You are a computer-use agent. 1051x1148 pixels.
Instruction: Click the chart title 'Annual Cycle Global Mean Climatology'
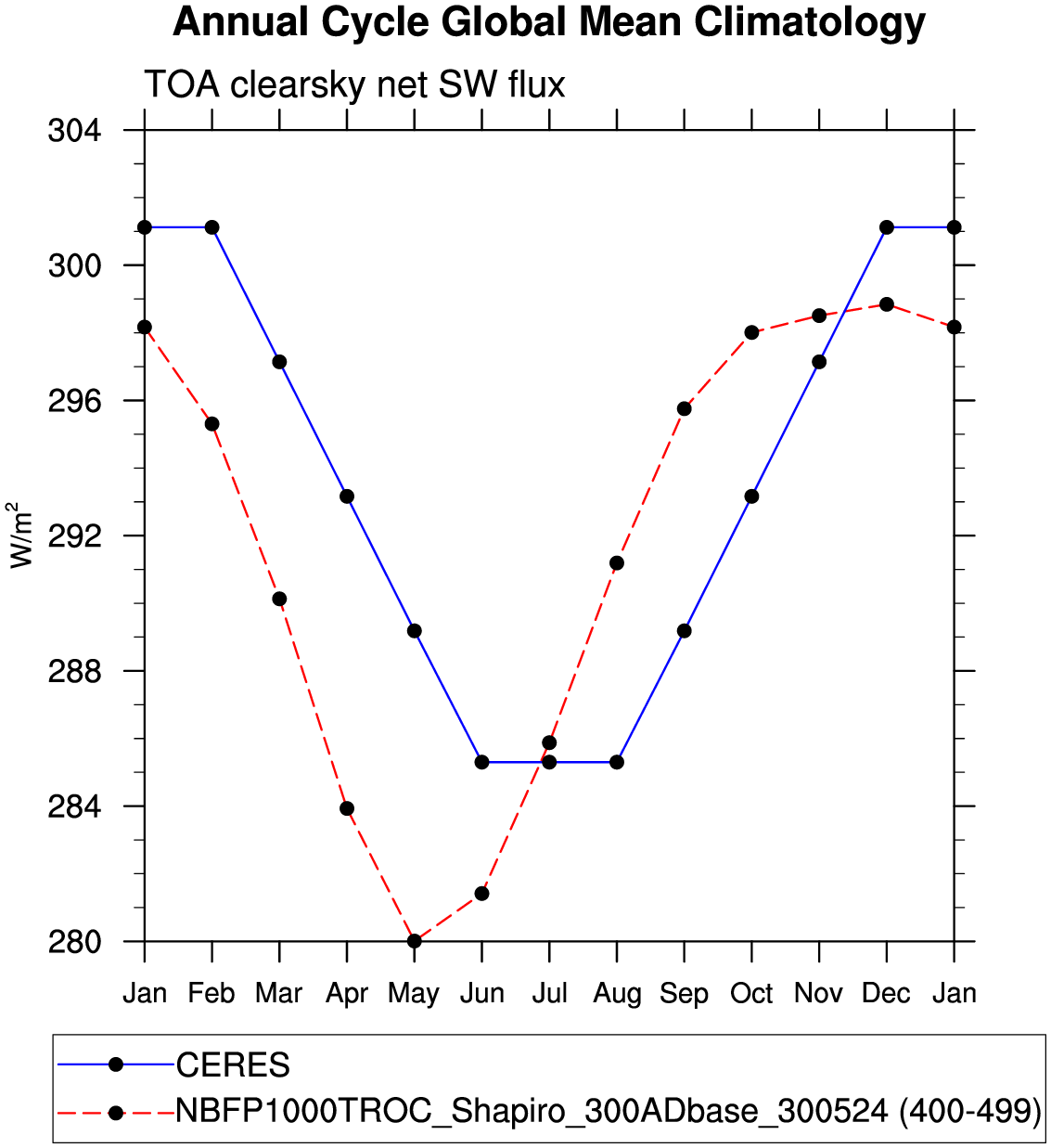pyautogui.click(x=549, y=22)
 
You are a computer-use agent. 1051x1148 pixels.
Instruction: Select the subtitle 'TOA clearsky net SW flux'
pyautogui.click(x=354, y=84)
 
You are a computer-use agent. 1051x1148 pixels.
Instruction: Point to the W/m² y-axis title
pyautogui.click(x=20, y=535)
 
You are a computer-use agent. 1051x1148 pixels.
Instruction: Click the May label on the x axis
pyautogui.click(x=414, y=994)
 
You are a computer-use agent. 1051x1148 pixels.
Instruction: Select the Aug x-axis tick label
pyautogui.click(x=617, y=994)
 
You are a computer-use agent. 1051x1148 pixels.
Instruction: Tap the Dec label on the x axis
pyautogui.click(x=886, y=994)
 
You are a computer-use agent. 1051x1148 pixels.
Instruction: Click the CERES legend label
pyautogui.click(x=233, y=1065)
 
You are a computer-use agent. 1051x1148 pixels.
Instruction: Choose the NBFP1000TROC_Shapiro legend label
pyautogui.click(x=608, y=1111)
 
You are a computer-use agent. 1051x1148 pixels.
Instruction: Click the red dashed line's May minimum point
pyautogui.click(x=415, y=941)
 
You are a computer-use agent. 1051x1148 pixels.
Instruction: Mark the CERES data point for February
pyautogui.click(x=211, y=227)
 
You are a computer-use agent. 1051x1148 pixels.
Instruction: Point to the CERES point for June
pyautogui.click(x=481, y=762)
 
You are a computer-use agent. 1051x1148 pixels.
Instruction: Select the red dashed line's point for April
pyautogui.click(x=347, y=808)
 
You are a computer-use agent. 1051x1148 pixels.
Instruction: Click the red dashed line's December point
pyautogui.click(x=887, y=304)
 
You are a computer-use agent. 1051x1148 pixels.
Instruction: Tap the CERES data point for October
pyautogui.click(x=751, y=497)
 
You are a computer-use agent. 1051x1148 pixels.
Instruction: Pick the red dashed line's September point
pyautogui.click(x=685, y=408)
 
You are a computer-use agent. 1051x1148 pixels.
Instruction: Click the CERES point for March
pyautogui.click(x=279, y=362)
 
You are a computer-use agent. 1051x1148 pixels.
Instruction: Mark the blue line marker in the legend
pyautogui.click(x=116, y=1065)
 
